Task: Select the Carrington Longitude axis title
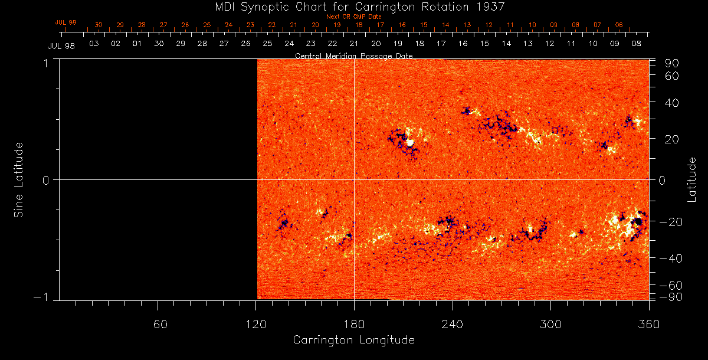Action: click(353, 340)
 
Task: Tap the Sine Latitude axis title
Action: click(19, 179)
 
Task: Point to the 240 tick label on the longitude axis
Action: click(452, 324)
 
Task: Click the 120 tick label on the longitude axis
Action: click(255, 324)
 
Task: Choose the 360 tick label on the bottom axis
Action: click(648, 324)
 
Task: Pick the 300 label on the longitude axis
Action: click(550, 324)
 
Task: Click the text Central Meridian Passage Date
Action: click(353, 56)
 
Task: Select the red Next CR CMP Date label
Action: click(353, 17)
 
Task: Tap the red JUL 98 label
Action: click(65, 22)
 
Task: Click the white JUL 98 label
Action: click(61, 45)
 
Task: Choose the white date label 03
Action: click(93, 44)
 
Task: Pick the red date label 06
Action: click(618, 25)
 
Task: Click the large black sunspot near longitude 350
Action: click(637, 222)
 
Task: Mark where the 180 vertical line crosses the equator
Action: click(354, 179)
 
